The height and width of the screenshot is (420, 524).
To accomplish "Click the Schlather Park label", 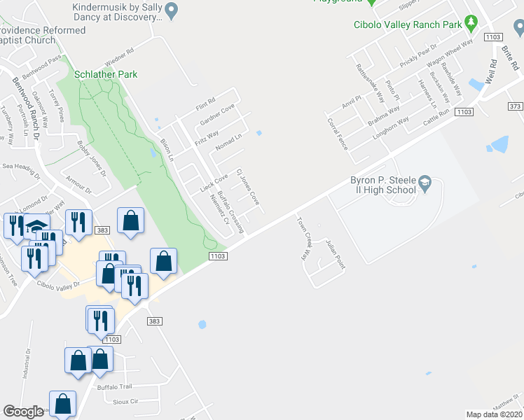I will click(x=107, y=74).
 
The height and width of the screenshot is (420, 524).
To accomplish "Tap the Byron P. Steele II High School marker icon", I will click(x=425, y=184).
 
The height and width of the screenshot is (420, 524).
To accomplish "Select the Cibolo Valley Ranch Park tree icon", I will click(x=471, y=25).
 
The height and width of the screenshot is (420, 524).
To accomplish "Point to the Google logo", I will click(x=23, y=412).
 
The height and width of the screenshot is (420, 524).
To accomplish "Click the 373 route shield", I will click(x=516, y=106).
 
